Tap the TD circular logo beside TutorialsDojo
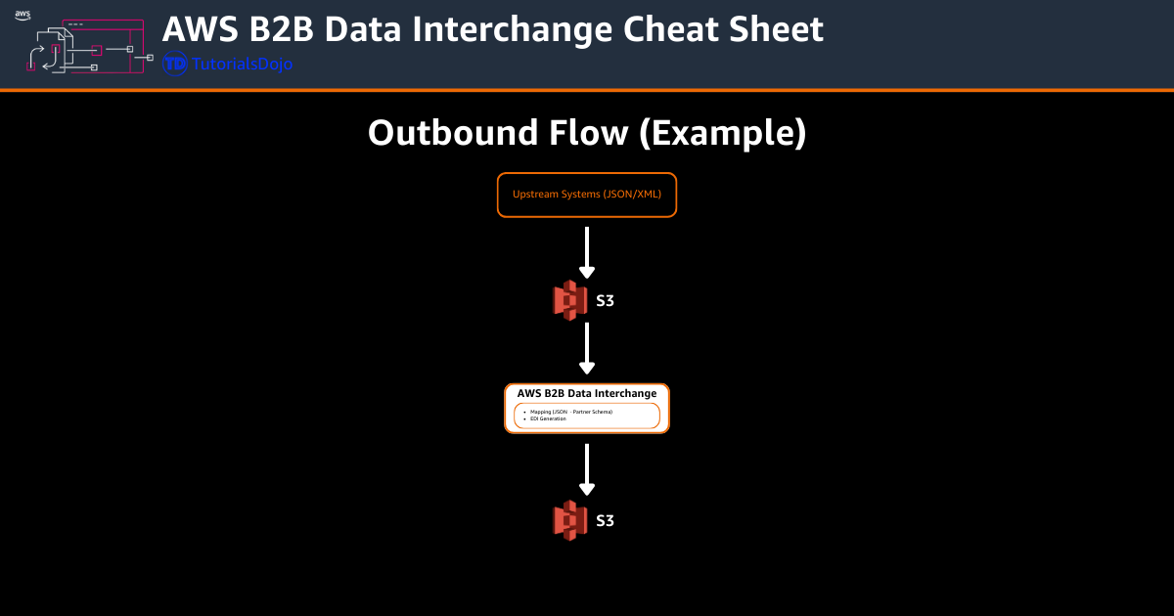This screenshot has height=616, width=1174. (175, 65)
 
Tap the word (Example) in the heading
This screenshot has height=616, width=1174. (722, 132)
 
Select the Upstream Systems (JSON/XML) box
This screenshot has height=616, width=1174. (587, 195)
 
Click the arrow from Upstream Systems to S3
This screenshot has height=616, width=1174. (587, 253)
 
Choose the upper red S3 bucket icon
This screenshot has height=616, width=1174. (569, 300)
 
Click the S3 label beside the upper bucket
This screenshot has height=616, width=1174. (606, 301)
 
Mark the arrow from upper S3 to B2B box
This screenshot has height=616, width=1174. (587, 349)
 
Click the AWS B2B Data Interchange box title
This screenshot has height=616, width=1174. (587, 394)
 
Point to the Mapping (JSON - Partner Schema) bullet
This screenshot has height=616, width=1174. (571, 413)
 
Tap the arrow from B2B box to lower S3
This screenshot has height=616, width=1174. (587, 470)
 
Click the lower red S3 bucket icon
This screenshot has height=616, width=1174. (569, 519)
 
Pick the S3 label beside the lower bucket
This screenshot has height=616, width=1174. (606, 521)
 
